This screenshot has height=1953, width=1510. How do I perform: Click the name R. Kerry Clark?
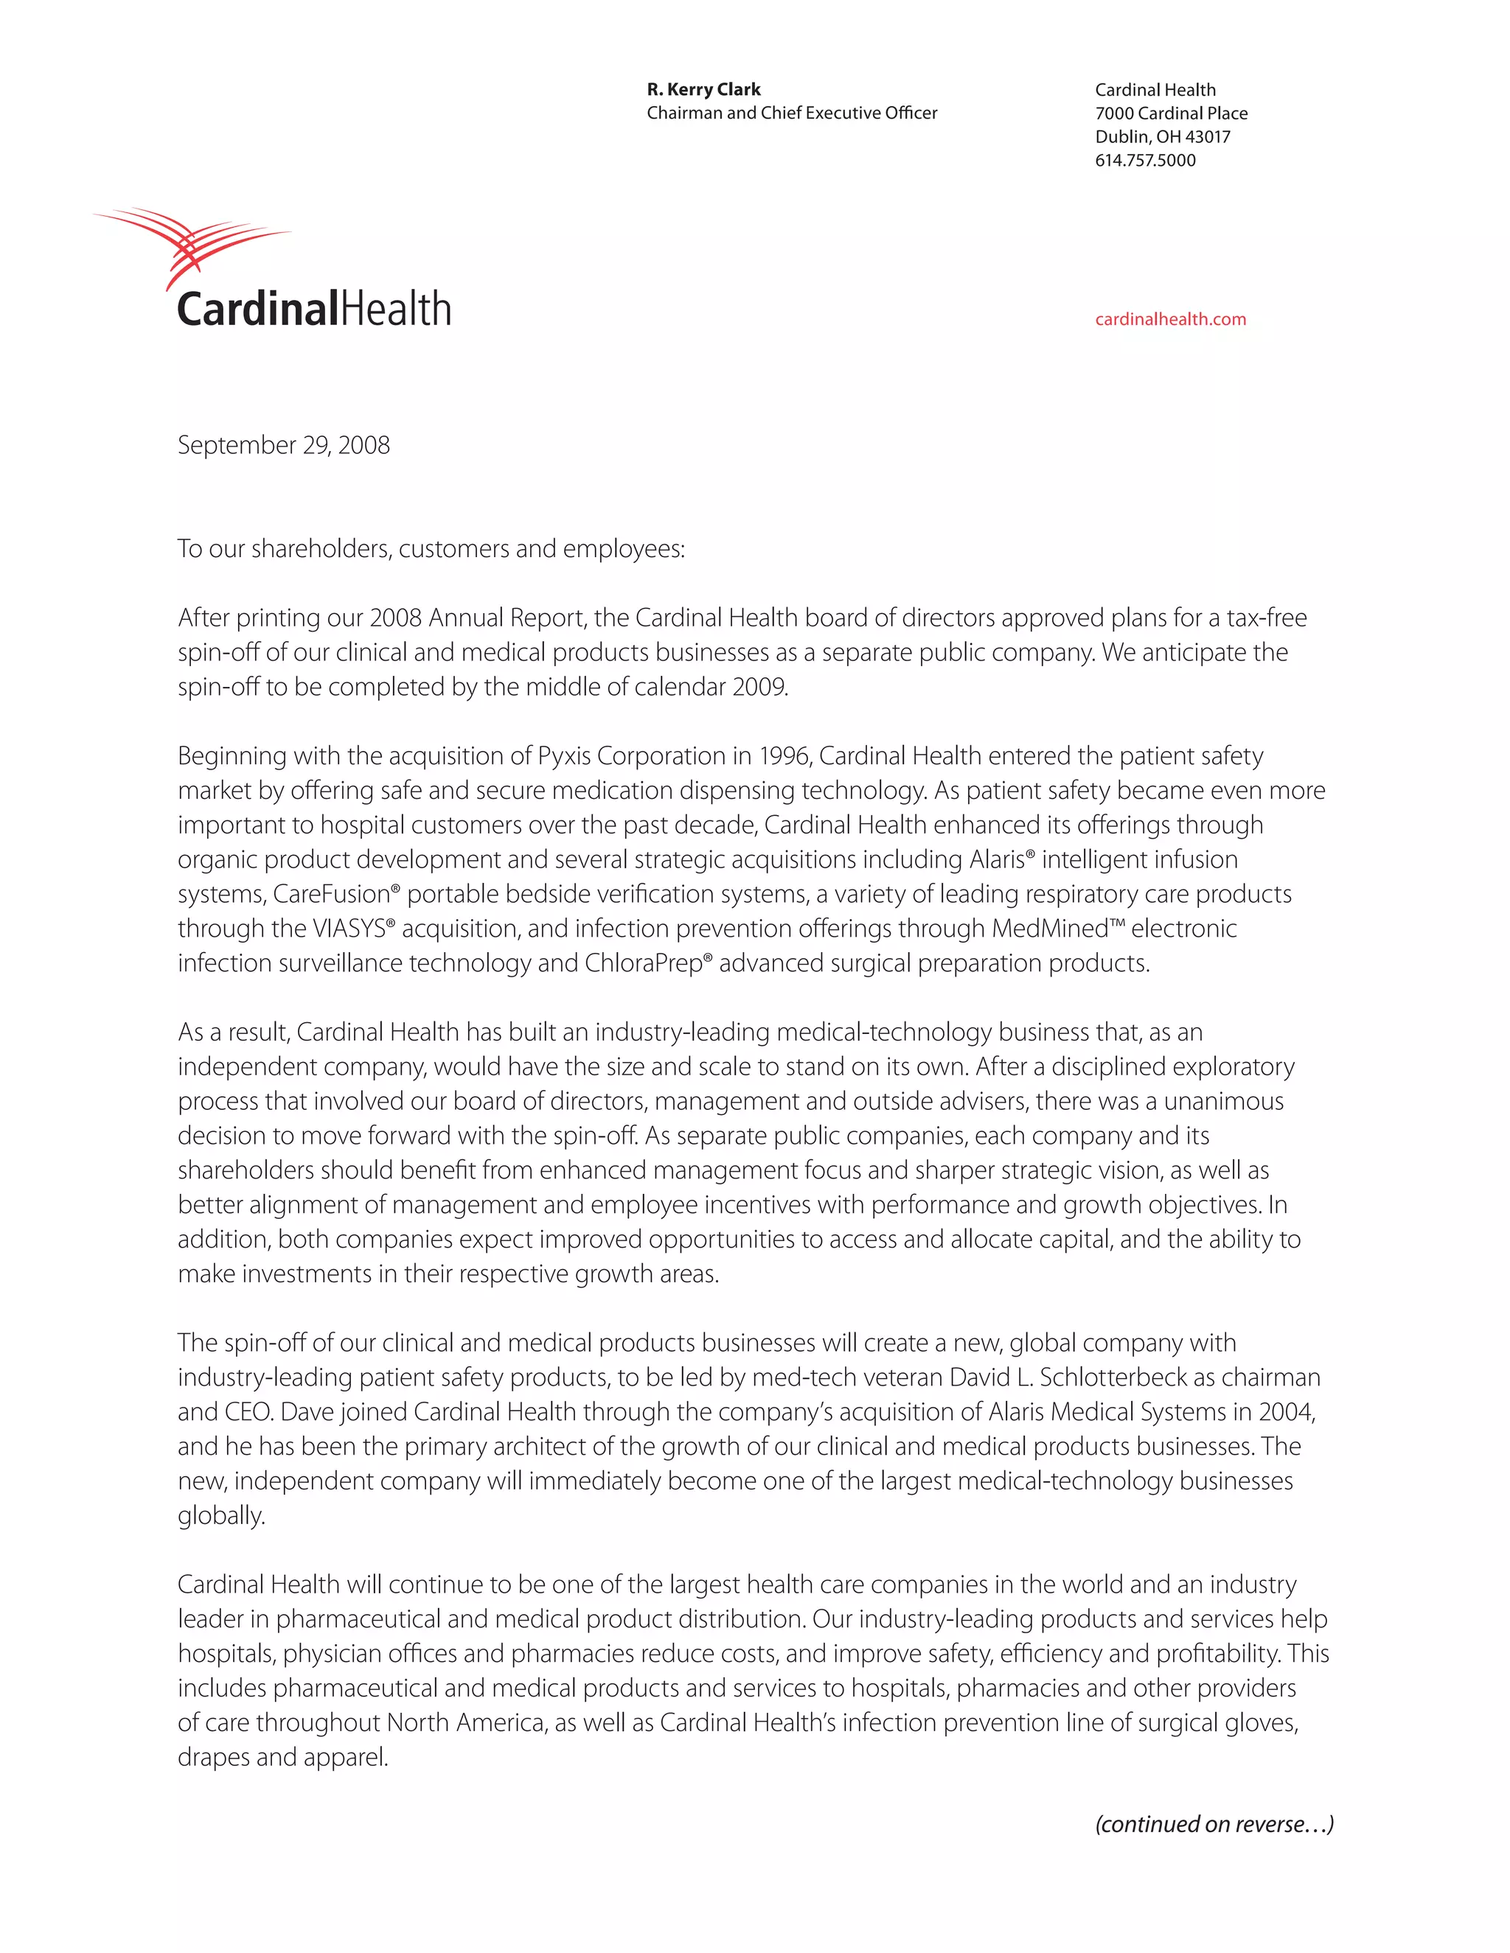point(703,89)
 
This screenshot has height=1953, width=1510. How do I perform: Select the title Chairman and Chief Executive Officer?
point(792,113)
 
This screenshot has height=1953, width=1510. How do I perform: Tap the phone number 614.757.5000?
point(1145,161)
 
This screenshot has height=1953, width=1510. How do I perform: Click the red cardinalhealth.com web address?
point(1170,319)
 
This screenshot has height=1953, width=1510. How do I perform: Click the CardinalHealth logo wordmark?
point(314,310)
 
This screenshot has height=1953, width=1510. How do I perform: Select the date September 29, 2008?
point(284,445)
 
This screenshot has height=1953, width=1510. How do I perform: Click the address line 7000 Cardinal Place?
point(1171,113)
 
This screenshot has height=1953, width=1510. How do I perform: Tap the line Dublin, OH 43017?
point(1162,137)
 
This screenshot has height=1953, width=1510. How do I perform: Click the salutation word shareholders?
point(320,548)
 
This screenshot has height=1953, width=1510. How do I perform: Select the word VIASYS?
point(349,929)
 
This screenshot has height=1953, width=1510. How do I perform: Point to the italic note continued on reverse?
point(1214,1824)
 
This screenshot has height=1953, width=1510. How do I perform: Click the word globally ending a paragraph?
point(221,1516)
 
